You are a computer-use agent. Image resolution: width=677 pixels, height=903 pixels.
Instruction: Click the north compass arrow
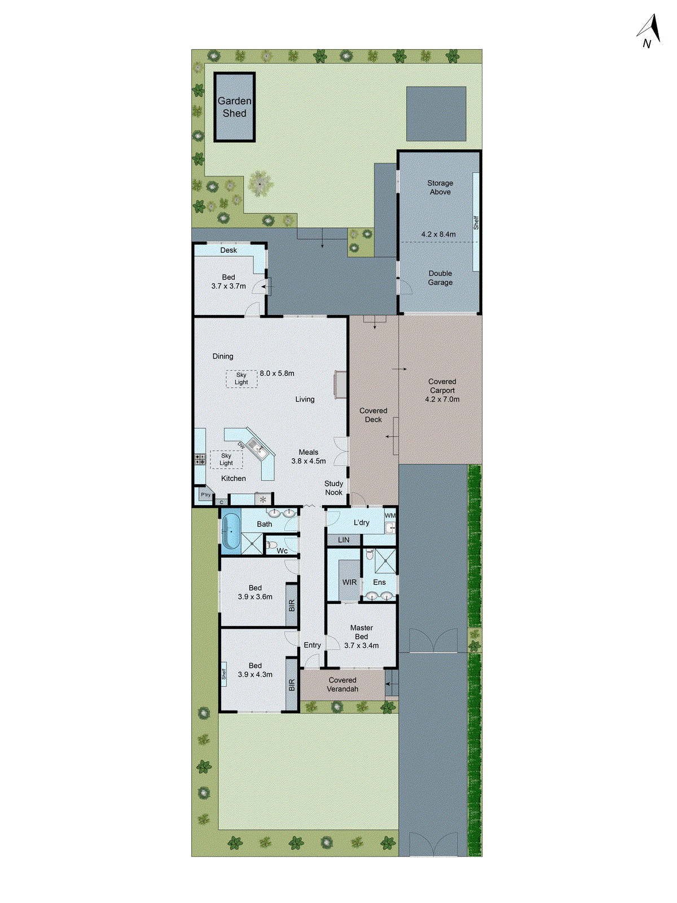(652, 29)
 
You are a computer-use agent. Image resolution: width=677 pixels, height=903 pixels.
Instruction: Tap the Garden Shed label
(234, 107)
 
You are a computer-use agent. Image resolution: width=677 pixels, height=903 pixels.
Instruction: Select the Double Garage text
(440, 278)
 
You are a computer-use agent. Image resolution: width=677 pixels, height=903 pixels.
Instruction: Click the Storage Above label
(440, 187)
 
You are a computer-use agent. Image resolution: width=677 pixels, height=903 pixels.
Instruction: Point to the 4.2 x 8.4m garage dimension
(438, 234)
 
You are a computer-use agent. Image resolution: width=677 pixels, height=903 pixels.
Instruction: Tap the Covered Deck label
(373, 415)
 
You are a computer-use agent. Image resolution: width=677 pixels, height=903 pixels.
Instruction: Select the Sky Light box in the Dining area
(241, 379)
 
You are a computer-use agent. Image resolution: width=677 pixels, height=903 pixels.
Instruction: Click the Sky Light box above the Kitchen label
(226, 459)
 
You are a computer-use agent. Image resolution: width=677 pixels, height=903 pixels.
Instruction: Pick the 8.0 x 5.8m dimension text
(277, 374)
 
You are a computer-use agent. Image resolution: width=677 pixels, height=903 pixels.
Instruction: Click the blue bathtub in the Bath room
(231, 531)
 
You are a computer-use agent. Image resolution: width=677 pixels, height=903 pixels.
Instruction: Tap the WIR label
(349, 582)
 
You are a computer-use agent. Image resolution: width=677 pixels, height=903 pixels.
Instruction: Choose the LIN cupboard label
(344, 540)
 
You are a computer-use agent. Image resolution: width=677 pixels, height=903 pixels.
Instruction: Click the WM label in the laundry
(390, 516)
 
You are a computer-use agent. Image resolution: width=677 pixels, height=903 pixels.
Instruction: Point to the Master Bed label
(362, 632)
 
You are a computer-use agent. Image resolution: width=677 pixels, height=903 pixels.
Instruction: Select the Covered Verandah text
(342, 685)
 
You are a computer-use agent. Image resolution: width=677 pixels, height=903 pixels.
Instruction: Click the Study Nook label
(333, 488)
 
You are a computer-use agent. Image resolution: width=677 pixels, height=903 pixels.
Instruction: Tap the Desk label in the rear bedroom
(228, 251)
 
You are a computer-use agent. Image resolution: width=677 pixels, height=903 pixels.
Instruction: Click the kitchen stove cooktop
(200, 459)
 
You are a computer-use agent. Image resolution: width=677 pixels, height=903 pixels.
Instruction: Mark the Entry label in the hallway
(312, 645)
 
